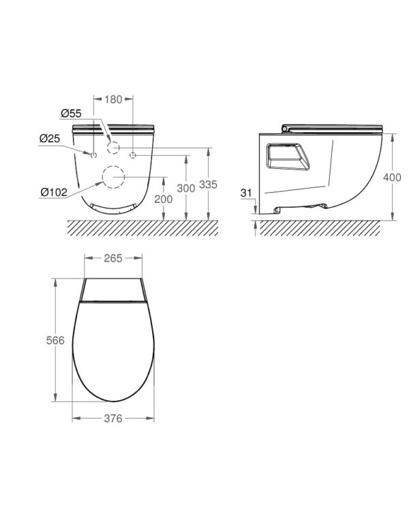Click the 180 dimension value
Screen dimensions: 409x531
(x=113, y=99)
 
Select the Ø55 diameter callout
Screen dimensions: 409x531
(x=71, y=114)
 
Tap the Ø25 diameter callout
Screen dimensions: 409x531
(x=50, y=138)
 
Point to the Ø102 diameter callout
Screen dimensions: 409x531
(x=54, y=193)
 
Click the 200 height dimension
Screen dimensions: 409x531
(x=164, y=199)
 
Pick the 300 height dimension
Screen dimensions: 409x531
(x=186, y=189)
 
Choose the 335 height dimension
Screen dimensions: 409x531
(x=208, y=184)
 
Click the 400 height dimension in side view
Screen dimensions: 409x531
(x=392, y=177)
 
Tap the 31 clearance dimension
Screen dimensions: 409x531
(x=247, y=193)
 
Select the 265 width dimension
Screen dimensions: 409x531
(x=113, y=259)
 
